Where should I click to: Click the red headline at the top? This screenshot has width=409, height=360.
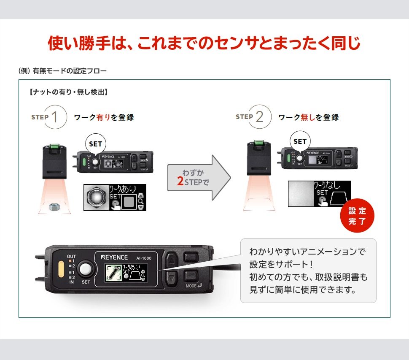[x=204, y=43]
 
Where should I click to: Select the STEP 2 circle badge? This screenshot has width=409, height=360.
[x=259, y=117]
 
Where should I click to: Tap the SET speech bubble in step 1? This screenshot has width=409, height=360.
[x=96, y=144]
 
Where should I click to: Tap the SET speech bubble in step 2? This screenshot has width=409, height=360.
[x=300, y=141]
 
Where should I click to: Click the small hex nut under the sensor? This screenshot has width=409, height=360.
[x=53, y=206]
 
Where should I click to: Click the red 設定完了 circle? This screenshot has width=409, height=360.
[x=357, y=216]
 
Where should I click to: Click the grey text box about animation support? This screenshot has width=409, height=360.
[x=308, y=271]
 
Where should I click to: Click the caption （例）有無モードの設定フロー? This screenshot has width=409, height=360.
[x=63, y=70]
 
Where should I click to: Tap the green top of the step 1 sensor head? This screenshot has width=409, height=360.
[x=54, y=146]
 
